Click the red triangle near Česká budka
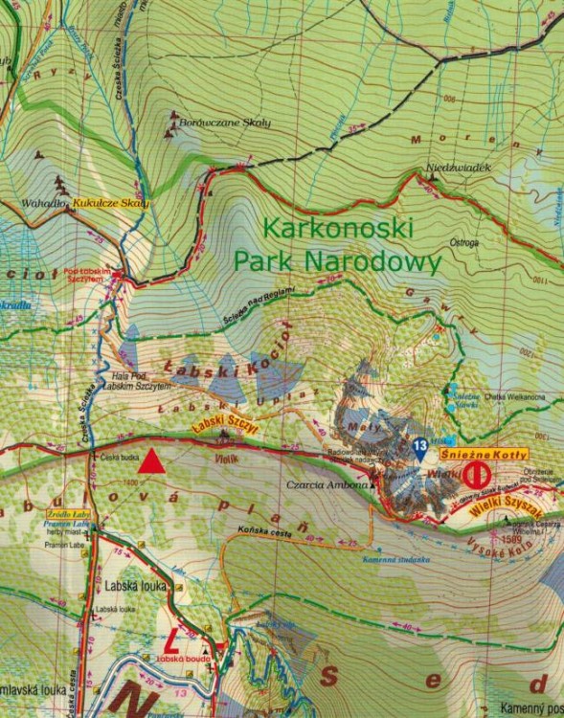pos(150,463)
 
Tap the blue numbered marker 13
pos(419,445)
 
